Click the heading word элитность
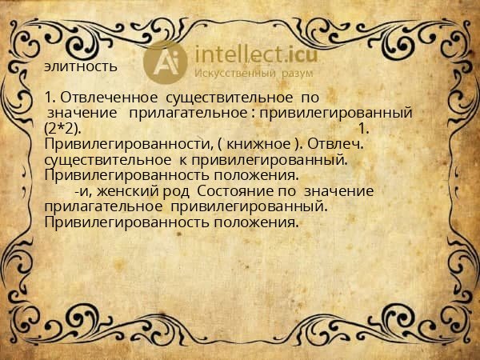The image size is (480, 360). [82, 65]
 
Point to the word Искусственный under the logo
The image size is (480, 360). [236, 74]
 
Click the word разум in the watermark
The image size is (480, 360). [295, 74]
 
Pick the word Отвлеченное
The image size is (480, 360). [104, 98]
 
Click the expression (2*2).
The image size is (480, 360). [63, 128]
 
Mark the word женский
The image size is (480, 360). [135, 191]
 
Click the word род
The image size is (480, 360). [178, 191]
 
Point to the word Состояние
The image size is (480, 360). [232, 191]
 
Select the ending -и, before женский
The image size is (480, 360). [82, 191]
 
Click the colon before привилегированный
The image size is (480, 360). [252, 113]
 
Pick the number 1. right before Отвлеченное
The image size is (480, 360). [50, 98]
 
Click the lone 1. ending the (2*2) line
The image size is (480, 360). [363, 128]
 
